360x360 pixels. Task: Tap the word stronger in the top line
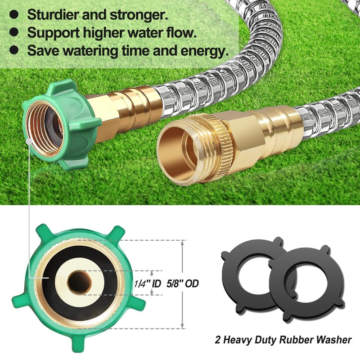(x=139, y=14)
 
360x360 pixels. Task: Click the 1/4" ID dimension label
(x=148, y=284)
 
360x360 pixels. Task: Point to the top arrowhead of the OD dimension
(x=183, y=243)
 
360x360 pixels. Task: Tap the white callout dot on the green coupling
(x=28, y=140)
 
